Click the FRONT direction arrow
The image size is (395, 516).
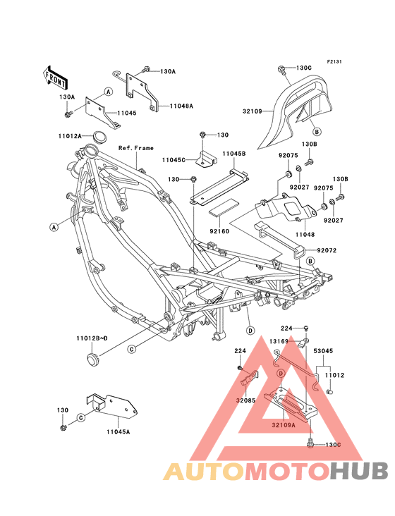point(55,78)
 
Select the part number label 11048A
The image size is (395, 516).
point(181,106)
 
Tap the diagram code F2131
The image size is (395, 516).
point(334,61)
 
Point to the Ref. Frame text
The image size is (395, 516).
point(136,148)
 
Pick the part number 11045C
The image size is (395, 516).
point(174,160)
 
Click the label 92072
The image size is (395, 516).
point(327,250)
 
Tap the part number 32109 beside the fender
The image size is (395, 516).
point(252,111)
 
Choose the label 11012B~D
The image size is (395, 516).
point(92,338)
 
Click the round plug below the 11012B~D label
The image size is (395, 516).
point(92,359)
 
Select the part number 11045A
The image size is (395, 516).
point(119,431)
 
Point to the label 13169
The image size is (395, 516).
point(279,341)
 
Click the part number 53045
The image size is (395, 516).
point(323,351)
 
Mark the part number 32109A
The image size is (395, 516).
point(284,425)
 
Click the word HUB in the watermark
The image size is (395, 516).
point(359,471)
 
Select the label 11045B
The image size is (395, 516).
point(233,154)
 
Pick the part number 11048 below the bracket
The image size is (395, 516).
point(305,235)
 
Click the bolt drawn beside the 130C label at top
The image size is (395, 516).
point(282,70)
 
